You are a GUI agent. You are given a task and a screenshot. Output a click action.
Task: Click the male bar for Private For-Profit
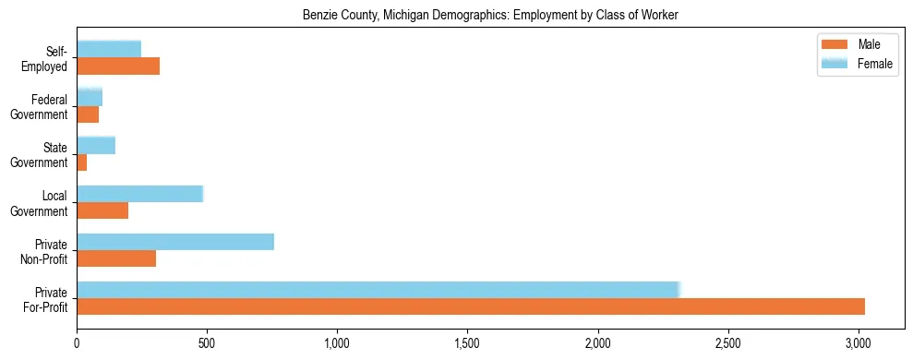(x=471, y=306)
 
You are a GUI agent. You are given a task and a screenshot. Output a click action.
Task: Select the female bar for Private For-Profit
(x=378, y=290)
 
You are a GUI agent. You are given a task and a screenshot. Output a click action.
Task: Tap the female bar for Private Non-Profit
(x=175, y=242)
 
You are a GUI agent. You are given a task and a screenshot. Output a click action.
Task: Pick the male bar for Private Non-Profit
(x=116, y=258)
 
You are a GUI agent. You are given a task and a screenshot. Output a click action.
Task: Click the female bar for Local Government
(x=139, y=194)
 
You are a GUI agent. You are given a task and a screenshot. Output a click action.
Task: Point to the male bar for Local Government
(x=102, y=210)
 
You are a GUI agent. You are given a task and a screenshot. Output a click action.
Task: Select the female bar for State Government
(x=96, y=145)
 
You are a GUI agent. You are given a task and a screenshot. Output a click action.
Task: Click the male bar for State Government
(x=82, y=162)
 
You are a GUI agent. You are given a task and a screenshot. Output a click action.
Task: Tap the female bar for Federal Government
(x=90, y=97)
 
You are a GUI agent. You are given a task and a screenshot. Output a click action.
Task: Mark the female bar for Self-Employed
(x=109, y=49)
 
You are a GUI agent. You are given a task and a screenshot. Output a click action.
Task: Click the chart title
(x=490, y=16)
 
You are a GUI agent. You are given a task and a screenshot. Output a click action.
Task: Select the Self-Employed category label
(x=45, y=58)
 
